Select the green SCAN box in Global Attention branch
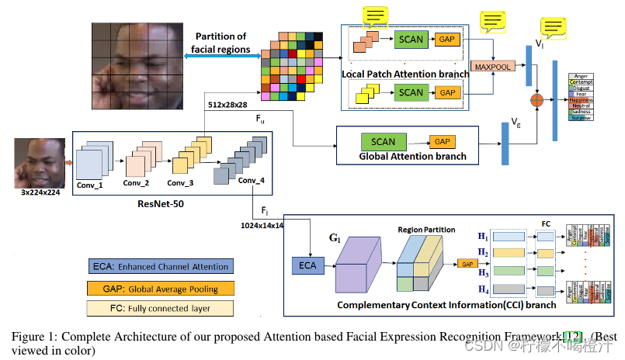tap(383, 142)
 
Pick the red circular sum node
tap(535, 99)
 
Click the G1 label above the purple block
tap(335, 237)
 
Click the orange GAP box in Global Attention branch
tap(441, 142)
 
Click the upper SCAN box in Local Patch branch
tap(411, 38)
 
